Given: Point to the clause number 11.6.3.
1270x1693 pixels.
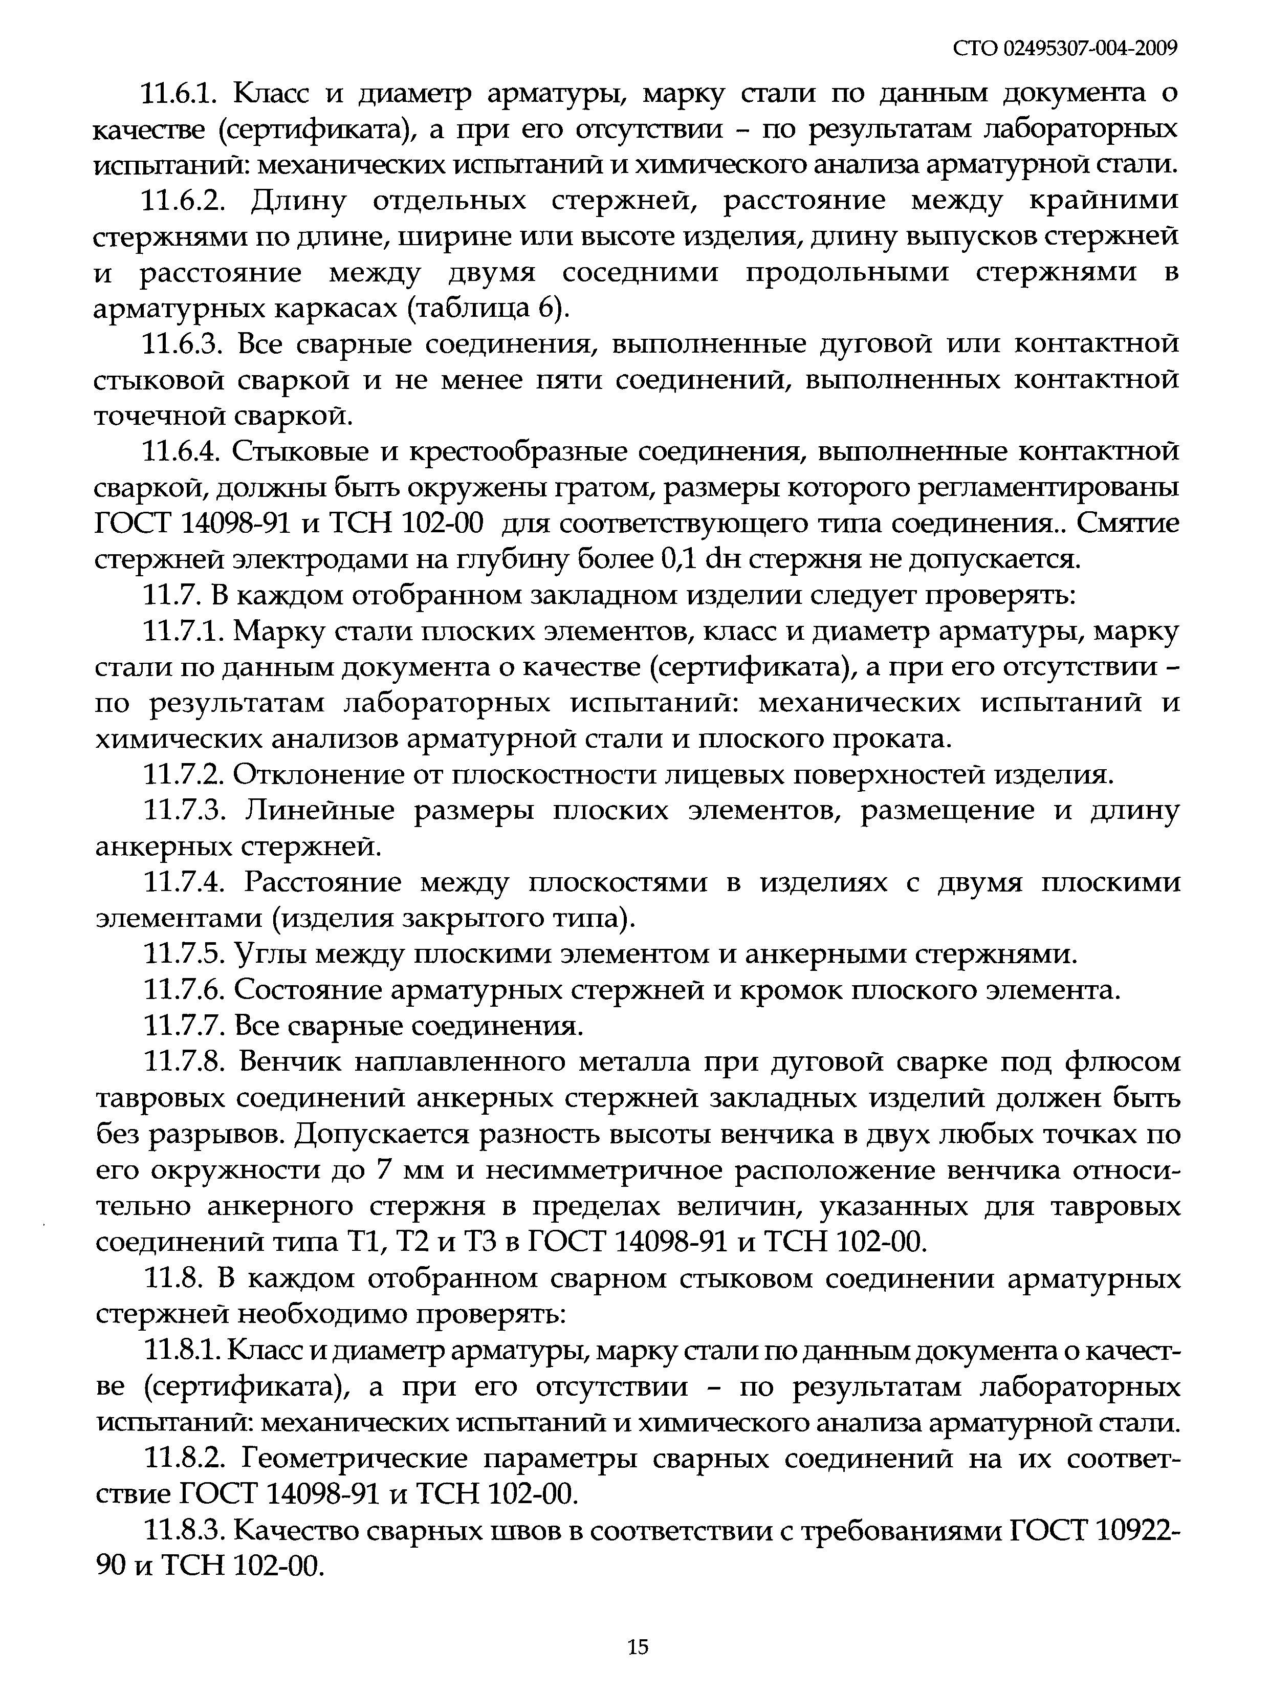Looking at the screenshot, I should pyautogui.click(x=184, y=345).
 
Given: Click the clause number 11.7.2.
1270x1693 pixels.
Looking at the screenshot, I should pyautogui.click(x=181, y=775).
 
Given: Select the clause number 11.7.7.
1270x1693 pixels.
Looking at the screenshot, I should pyautogui.click(x=181, y=1026).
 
